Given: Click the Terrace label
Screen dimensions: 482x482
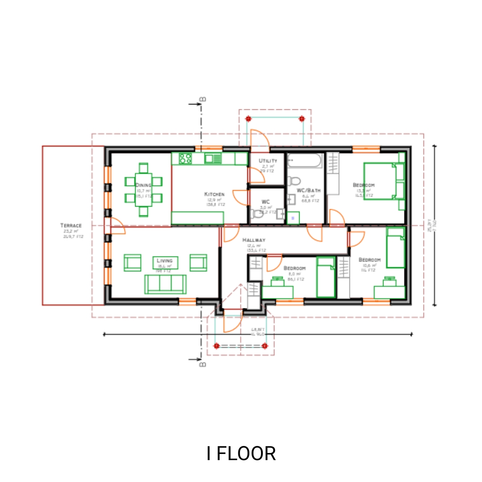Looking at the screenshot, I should click(x=71, y=225).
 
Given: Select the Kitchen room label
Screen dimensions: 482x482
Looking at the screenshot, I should click(x=214, y=194).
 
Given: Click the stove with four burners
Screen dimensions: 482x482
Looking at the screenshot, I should click(x=185, y=158).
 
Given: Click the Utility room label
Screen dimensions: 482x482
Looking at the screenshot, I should click(x=268, y=161).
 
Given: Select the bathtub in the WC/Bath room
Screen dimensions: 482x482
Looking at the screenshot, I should click(x=304, y=161).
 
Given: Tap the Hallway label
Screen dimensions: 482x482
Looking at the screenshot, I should click(x=253, y=240).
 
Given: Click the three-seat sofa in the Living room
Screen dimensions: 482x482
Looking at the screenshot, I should click(x=165, y=284).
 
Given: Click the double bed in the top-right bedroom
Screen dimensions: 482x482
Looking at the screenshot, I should click(x=383, y=181).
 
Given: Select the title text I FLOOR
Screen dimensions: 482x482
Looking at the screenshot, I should click(x=241, y=453).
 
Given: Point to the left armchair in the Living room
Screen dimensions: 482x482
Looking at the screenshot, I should click(x=132, y=262).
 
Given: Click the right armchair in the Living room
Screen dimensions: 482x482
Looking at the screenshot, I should click(x=198, y=262).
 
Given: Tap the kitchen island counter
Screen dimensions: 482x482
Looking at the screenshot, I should click(x=197, y=218).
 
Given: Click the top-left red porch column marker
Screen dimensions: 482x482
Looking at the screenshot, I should click(x=249, y=119).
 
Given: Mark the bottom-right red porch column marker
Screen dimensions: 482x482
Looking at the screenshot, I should click(x=265, y=345).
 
